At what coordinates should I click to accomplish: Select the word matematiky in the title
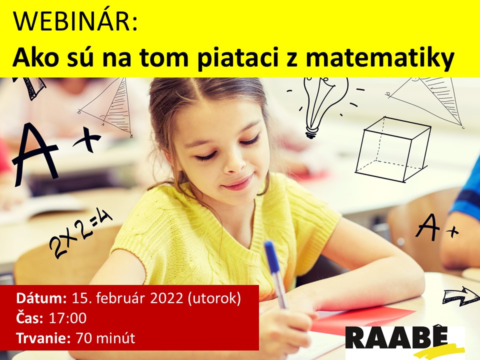tap(379, 58)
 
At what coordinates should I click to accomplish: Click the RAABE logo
tap(404, 341)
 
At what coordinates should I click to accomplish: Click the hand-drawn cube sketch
tap(393, 149)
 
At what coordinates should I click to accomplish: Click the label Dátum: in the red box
tap(41, 298)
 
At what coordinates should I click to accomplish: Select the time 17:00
tap(67, 318)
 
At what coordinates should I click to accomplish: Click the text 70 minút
tap(105, 338)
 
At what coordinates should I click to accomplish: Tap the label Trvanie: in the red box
tap(43, 338)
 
